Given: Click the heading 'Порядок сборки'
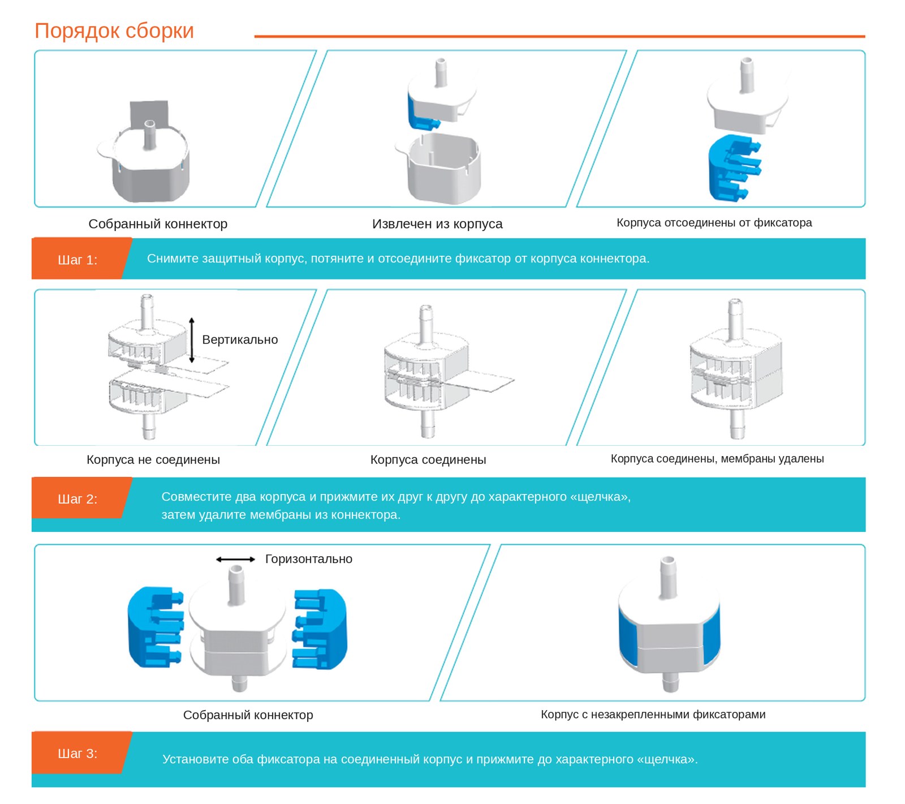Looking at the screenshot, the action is tap(114, 31).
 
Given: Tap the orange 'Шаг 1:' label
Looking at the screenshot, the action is tap(77, 260).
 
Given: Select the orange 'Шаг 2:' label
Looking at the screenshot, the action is tap(77, 499).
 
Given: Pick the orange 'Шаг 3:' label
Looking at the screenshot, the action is tap(77, 754).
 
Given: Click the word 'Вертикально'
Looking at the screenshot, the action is tap(240, 339).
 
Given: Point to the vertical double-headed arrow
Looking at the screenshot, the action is tap(192, 340).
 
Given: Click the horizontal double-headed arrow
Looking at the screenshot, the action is tap(236, 560).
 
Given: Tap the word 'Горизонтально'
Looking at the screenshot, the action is tap(309, 559).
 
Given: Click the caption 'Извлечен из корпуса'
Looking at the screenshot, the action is tap(437, 224).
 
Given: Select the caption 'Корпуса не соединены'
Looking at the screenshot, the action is tap(153, 459).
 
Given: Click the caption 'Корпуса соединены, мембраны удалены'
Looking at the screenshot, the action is tap(717, 459).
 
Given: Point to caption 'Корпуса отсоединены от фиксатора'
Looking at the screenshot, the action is tap(714, 223).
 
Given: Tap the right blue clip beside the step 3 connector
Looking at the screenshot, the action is tap(320, 629).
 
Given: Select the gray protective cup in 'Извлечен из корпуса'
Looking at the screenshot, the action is tap(439, 168).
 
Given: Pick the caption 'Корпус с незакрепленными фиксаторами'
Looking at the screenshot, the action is tap(653, 715).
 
